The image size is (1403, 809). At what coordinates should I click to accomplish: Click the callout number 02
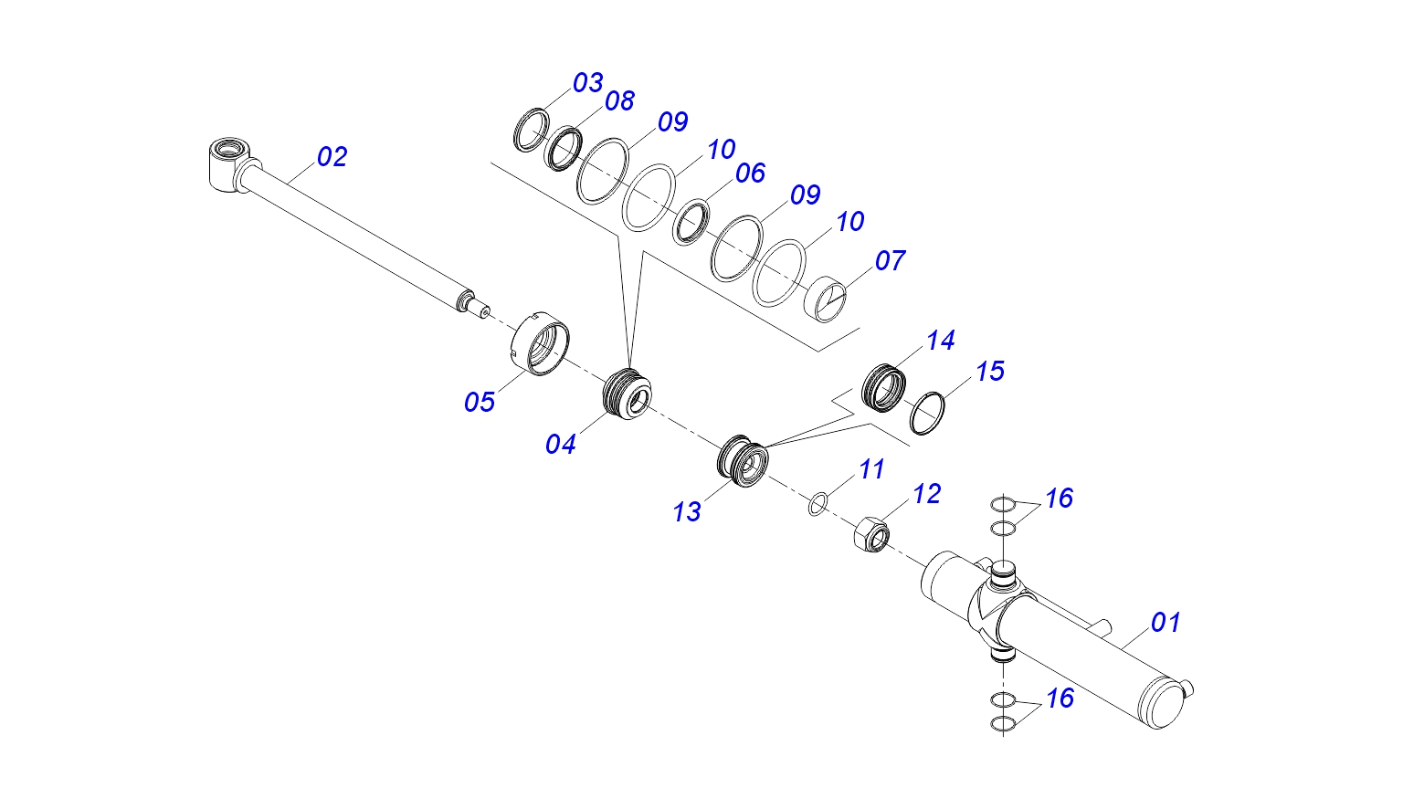click(x=332, y=157)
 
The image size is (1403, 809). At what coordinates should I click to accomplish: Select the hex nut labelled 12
click(x=871, y=533)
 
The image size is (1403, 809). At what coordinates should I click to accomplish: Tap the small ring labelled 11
click(x=818, y=503)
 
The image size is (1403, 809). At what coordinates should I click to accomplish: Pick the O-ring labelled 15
click(x=927, y=413)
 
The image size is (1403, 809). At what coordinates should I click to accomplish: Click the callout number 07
click(x=890, y=261)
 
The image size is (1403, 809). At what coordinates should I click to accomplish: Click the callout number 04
click(x=561, y=445)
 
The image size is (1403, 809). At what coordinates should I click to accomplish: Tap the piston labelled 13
click(x=742, y=459)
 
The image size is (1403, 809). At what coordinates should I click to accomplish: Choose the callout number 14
click(x=940, y=341)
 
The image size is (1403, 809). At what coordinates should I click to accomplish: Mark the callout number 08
click(x=619, y=101)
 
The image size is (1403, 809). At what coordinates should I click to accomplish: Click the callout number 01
click(x=1166, y=623)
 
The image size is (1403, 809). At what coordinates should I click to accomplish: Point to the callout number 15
click(x=989, y=372)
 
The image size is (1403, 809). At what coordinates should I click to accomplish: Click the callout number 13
click(x=687, y=512)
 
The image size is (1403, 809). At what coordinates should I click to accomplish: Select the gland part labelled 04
click(x=628, y=394)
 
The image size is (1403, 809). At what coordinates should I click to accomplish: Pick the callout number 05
click(x=480, y=402)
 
